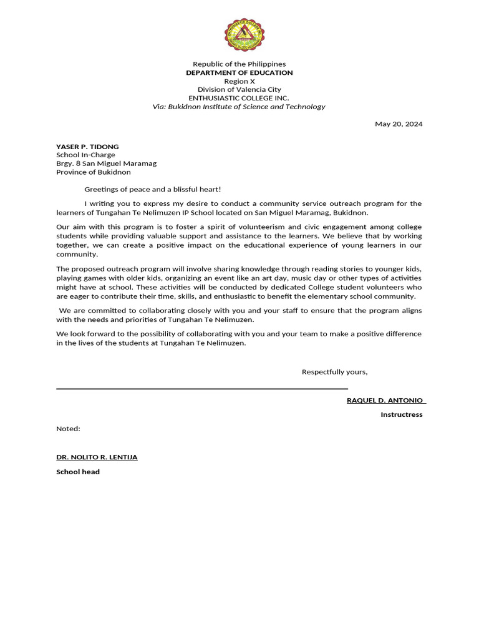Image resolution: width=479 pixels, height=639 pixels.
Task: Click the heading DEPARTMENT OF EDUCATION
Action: pos(239,73)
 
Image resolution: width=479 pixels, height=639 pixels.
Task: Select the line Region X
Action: pos(239,81)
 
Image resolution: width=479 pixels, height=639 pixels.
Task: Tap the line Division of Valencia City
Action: pos(239,90)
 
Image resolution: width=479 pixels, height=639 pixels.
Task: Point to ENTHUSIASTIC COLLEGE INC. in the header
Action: pos(239,98)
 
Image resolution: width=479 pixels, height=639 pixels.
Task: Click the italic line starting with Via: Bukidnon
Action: pos(239,107)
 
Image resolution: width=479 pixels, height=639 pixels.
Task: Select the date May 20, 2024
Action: pos(398,124)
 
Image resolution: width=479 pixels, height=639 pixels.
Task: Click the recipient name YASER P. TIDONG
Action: pos(87,147)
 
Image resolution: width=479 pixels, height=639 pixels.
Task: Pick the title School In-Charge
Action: pos(85,155)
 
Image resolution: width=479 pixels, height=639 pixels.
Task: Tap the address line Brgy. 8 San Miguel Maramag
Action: pos(106,163)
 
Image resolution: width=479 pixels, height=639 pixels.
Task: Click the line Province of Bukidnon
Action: pos(94,172)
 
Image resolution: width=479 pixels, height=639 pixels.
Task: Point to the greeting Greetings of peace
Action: pos(153,189)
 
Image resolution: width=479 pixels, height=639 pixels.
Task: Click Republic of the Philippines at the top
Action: pos(239,64)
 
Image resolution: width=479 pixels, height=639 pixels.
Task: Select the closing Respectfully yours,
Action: pos(334,372)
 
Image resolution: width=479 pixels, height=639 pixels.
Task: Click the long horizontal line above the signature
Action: pos(201,389)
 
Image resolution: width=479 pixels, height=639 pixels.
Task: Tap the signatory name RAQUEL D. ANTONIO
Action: pos(385,400)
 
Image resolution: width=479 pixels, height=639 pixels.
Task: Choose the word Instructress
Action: pos(401,414)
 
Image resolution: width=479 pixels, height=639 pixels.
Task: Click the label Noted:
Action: pos(68,429)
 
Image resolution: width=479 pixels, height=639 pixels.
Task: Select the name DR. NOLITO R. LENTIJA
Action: pos(97,457)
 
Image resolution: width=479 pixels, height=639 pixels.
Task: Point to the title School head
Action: pos(78,472)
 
